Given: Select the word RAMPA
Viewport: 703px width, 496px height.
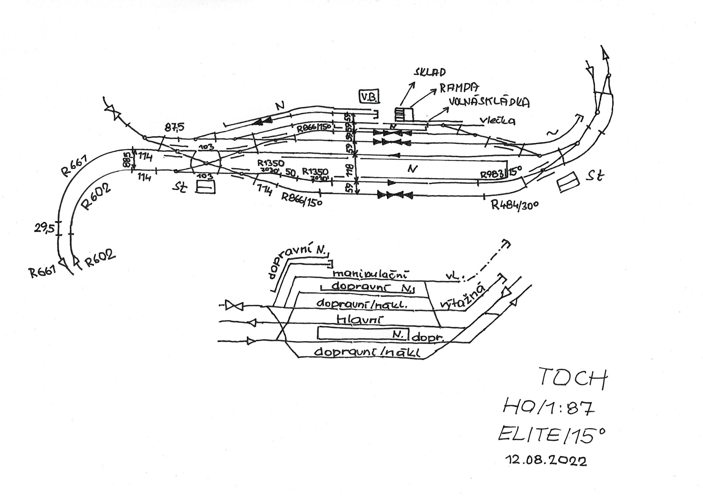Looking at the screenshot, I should [x=459, y=88].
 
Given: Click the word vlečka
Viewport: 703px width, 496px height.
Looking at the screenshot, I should [x=497, y=121].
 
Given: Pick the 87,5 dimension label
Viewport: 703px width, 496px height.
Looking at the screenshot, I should [x=175, y=127].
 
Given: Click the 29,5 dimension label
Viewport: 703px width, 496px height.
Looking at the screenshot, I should [x=44, y=228].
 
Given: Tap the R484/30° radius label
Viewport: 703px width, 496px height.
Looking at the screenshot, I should [x=515, y=204].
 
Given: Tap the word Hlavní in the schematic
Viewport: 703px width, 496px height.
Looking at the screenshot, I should [x=359, y=320].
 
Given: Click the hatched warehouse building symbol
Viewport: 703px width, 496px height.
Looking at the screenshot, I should [x=403, y=114].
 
